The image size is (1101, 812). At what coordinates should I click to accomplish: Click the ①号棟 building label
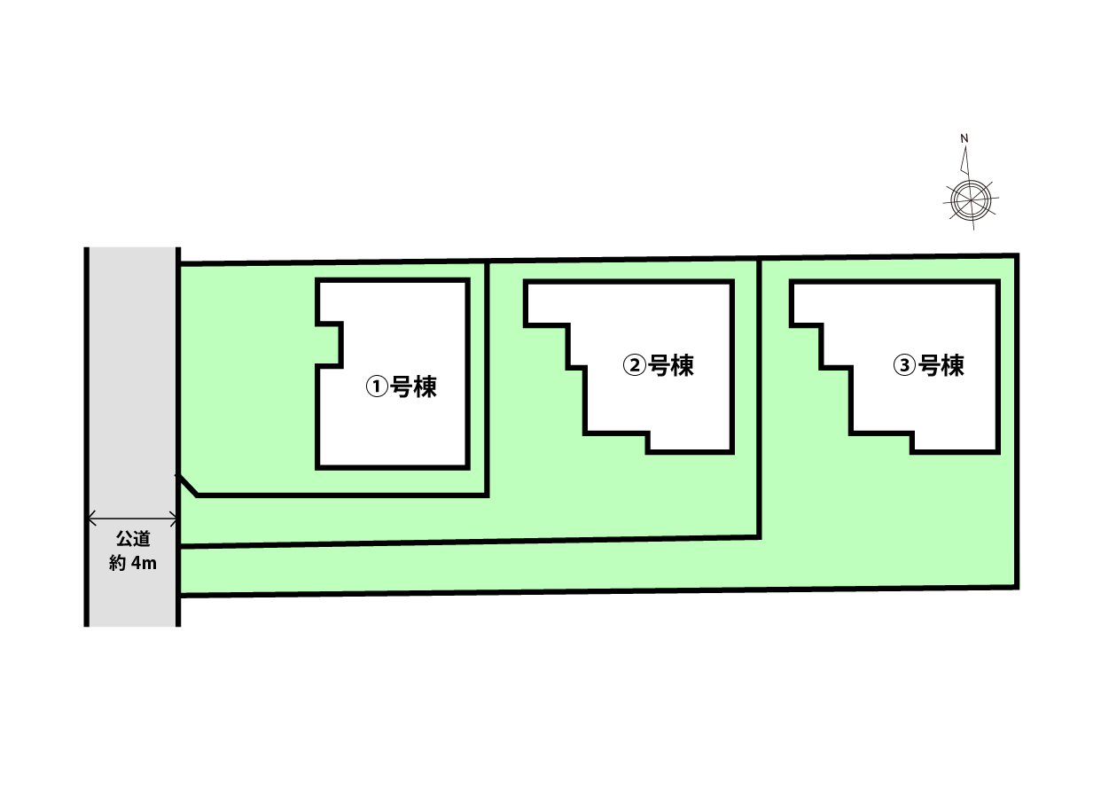(401, 386)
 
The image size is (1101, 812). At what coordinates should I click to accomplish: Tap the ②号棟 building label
(658, 366)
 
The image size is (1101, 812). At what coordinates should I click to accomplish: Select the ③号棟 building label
(928, 366)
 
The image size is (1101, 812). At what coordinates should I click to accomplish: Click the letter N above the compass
(964, 138)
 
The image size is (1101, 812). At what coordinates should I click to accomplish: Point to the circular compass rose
(971, 200)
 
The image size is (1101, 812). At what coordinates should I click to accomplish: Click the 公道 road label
(133, 539)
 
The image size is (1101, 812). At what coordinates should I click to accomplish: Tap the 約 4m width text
(133, 563)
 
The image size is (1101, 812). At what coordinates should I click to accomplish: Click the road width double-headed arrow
(132, 519)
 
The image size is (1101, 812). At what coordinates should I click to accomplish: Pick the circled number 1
(377, 386)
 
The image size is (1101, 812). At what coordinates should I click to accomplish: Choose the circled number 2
(634, 366)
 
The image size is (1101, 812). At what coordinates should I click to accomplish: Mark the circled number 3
(904, 366)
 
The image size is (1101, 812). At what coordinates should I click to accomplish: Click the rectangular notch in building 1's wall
(328, 345)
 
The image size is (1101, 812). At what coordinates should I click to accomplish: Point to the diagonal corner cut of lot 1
(187, 485)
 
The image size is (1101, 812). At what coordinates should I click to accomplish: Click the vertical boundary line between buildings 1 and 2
(487, 379)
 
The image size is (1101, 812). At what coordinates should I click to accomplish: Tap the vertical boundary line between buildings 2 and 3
(759, 399)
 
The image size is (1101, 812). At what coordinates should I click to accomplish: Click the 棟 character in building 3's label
(953, 366)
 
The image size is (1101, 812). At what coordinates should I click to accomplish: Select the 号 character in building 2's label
(659, 366)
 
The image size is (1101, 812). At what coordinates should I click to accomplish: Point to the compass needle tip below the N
(965, 146)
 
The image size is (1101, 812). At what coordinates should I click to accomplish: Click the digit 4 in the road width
(135, 563)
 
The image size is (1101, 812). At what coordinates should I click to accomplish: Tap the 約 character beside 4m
(118, 563)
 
